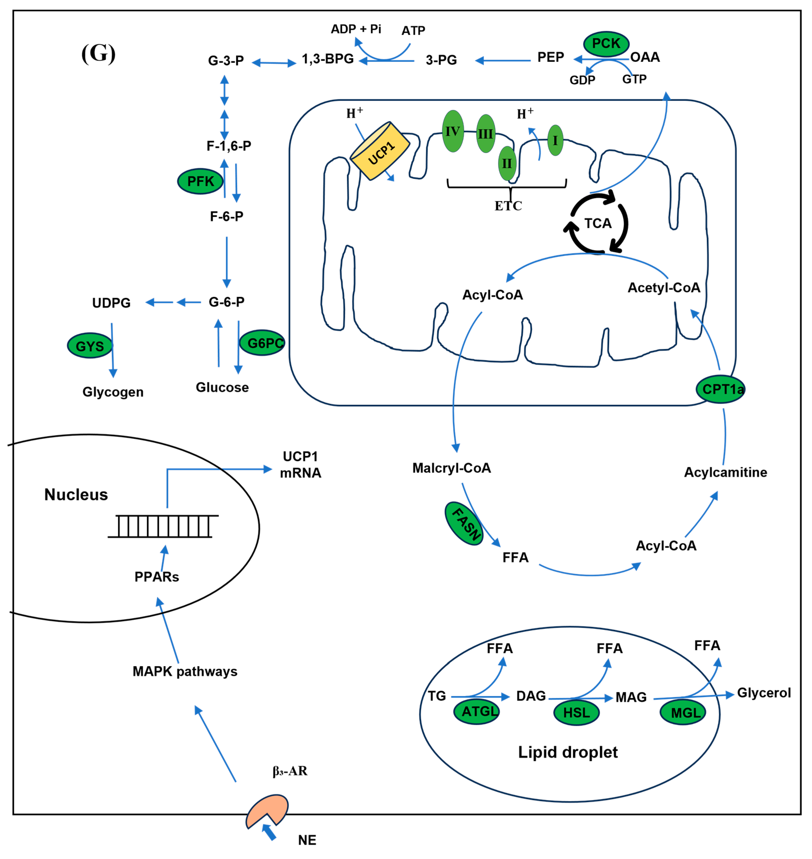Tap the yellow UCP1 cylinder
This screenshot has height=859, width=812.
380,151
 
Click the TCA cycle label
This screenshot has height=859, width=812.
597,223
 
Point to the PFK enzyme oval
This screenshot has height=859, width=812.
200,181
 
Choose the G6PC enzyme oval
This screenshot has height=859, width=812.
262,343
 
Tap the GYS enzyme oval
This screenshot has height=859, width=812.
90,346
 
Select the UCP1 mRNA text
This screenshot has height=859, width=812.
300,464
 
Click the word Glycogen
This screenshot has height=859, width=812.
113,392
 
